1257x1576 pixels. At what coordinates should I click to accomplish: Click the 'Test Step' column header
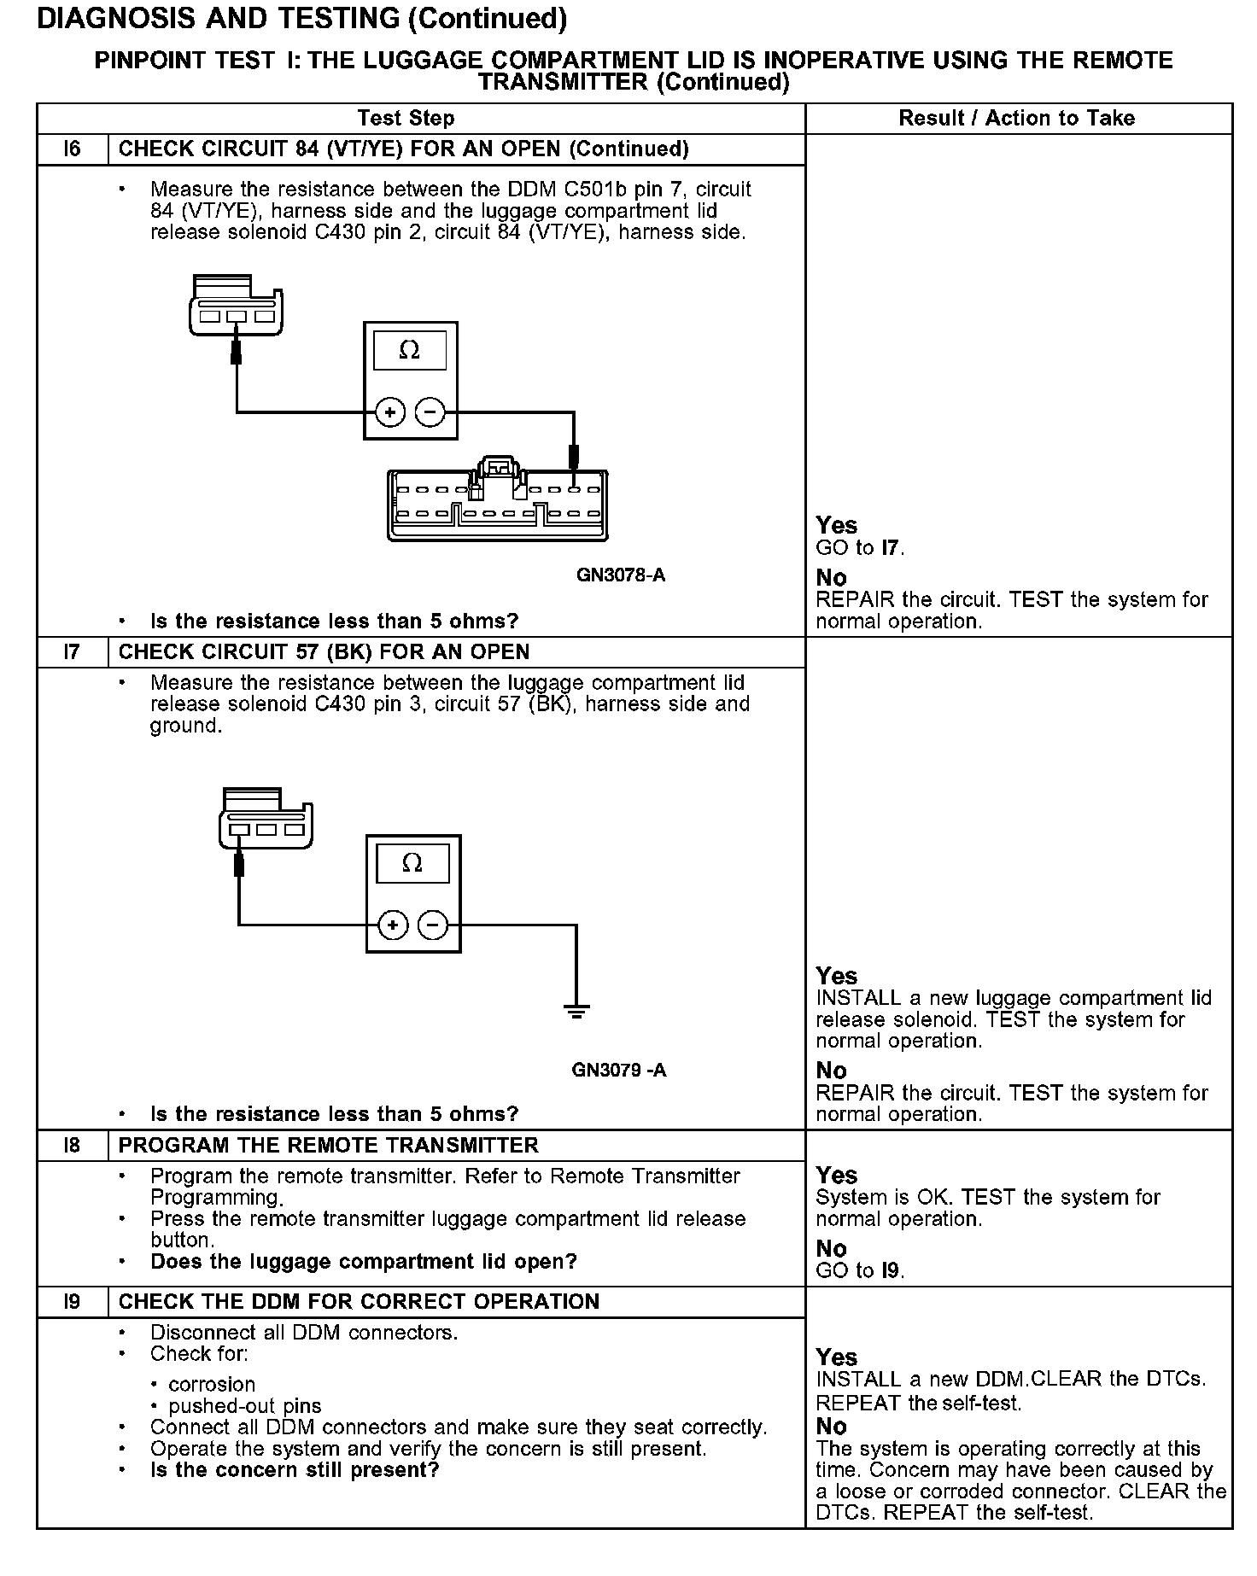click(406, 118)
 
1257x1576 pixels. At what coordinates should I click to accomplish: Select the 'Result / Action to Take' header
click(1016, 118)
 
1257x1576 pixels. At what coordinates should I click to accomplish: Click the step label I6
click(72, 149)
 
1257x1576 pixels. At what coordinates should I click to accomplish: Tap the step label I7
click(72, 652)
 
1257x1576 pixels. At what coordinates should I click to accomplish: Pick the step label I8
click(72, 1146)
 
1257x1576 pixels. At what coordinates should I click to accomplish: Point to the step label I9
click(72, 1302)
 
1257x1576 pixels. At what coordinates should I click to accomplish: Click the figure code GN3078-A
click(621, 575)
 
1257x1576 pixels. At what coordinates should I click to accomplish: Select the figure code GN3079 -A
click(619, 1070)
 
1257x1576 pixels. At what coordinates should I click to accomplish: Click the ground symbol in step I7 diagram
click(576, 1013)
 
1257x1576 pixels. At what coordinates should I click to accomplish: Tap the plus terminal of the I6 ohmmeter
click(390, 413)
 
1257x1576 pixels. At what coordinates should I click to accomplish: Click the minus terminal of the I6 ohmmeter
click(430, 413)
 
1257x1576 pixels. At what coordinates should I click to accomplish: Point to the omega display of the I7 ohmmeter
click(412, 864)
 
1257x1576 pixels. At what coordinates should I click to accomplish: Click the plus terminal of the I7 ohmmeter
click(393, 925)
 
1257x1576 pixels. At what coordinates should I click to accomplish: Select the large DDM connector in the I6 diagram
click(498, 505)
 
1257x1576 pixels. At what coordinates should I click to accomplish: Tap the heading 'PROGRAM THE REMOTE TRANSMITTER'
click(328, 1146)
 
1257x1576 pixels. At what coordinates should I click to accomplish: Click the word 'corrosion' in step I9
click(212, 1385)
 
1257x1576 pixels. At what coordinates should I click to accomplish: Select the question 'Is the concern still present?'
click(295, 1470)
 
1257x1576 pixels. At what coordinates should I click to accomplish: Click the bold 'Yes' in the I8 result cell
click(836, 1176)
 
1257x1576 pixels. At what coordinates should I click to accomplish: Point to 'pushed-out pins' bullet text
click(245, 1406)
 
